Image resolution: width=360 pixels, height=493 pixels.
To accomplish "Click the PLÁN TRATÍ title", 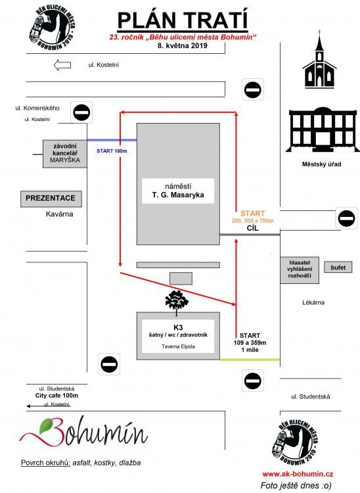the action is [x=183, y=21].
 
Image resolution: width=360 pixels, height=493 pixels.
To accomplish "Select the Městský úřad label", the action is [x=321, y=164].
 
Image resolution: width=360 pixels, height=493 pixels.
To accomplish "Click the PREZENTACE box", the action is [x=51, y=199].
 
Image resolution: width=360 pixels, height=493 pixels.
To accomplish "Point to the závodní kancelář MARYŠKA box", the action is [x=65, y=154].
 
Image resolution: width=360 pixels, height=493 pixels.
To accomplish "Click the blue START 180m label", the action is [x=112, y=151].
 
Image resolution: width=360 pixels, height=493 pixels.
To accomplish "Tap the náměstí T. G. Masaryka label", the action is [x=178, y=191].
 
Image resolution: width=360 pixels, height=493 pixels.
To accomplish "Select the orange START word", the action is [x=252, y=213].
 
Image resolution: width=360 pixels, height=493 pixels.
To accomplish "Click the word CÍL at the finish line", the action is [x=252, y=227].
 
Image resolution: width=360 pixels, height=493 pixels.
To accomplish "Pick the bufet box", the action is [x=338, y=268].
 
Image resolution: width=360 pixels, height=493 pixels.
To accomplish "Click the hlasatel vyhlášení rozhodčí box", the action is [x=300, y=270].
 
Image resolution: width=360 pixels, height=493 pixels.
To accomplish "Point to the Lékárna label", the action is [x=313, y=302].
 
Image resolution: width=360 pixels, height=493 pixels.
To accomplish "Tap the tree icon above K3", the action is [x=177, y=302].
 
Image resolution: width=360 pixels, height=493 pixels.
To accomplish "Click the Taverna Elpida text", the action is [x=178, y=346].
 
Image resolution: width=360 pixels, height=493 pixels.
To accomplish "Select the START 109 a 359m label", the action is [x=250, y=339].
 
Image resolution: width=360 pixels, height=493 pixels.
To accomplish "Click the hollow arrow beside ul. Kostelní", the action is [x=62, y=65].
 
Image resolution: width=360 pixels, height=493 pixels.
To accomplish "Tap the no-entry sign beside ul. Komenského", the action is [x=81, y=112].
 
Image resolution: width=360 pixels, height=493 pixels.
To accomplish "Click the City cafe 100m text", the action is [x=56, y=396].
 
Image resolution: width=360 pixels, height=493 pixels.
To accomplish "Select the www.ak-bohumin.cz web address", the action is [x=298, y=474].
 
